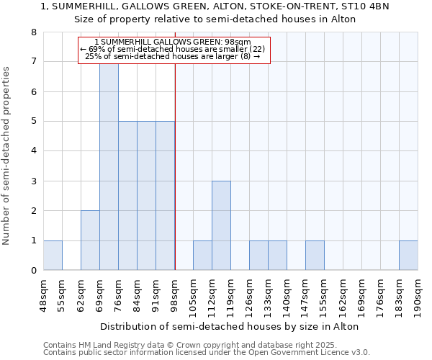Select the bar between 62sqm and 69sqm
(x=90, y=240)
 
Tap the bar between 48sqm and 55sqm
(x=53, y=256)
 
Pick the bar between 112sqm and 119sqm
(x=221, y=225)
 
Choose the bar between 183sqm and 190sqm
(x=408, y=256)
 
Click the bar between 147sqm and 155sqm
(x=315, y=256)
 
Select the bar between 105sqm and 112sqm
(x=202, y=256)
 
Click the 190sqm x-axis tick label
(x=418, y=296)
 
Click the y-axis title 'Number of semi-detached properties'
(x=7, y=156)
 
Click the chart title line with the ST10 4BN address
(x=215, y=6)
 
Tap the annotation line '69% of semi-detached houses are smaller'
(x=173, y=49)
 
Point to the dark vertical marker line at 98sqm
(x=176, y=180)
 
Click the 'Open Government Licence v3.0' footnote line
(x=207, y=353)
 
